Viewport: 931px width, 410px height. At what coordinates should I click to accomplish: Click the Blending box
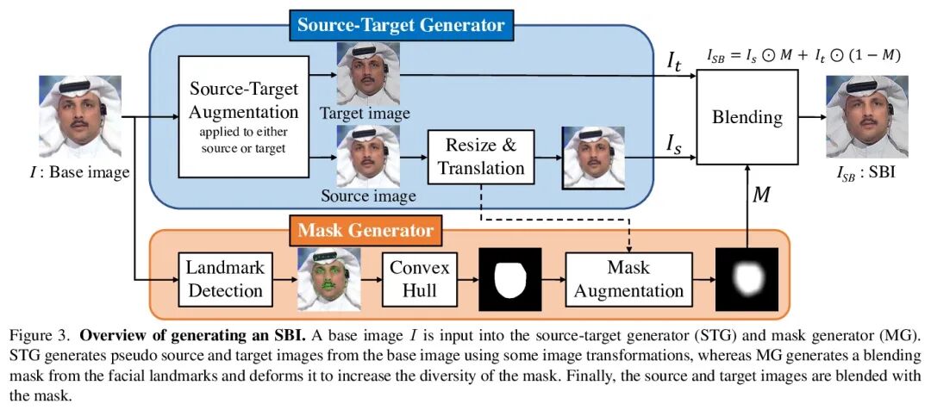(747, 117)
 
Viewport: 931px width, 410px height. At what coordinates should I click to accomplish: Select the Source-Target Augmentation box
(244, 113)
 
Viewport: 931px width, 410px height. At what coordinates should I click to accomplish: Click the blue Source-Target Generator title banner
(401, 25)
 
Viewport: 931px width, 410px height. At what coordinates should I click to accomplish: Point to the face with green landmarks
(328, 278)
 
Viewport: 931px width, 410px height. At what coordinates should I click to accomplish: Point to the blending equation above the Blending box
(803, 55)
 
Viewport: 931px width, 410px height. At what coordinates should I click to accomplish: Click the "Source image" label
(368, 196)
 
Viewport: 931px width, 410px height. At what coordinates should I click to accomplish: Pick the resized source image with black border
(593, 158)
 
